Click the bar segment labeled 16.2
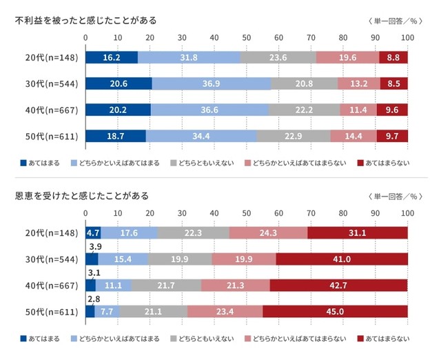coord(111,58)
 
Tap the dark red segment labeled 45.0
coord(335,311)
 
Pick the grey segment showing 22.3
coord(193,234)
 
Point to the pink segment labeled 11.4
coord(367,110)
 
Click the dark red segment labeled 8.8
coord(393,58)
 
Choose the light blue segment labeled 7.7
coord(107,311)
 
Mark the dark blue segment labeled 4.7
coord(93,234)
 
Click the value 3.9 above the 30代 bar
coord(93,247)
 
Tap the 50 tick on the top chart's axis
coord(247,37)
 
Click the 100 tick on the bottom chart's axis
coord(407,212)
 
